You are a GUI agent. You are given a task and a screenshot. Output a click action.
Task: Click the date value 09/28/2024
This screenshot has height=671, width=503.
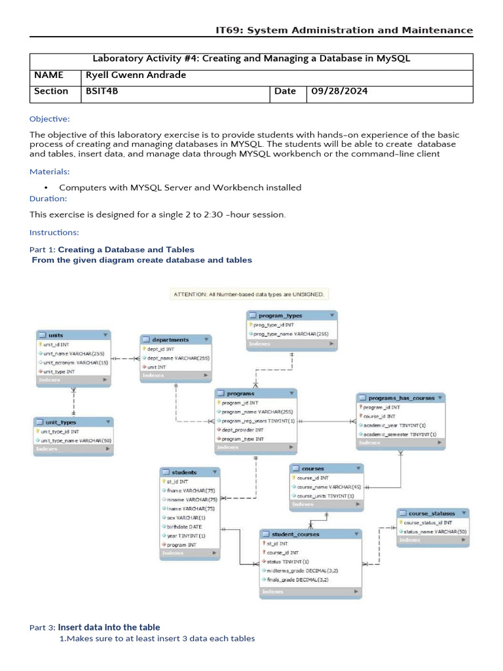339,92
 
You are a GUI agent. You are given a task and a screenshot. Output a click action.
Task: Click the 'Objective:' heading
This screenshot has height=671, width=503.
49,119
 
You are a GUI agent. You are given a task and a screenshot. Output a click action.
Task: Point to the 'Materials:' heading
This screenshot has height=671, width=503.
49,172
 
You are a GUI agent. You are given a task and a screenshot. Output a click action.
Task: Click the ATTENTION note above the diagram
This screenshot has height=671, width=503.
249,294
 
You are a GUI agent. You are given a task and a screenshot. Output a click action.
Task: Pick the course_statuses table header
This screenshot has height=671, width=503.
433,512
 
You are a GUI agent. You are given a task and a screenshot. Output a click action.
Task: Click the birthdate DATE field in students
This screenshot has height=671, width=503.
185,526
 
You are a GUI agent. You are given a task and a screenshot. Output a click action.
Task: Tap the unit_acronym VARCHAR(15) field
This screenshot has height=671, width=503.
74,362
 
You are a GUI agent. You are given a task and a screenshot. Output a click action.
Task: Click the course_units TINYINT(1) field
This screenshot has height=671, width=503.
326,495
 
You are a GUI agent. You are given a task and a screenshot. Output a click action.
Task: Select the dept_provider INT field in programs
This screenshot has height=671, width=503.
242,429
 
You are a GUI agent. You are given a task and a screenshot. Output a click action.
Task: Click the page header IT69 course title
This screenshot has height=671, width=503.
344,30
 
